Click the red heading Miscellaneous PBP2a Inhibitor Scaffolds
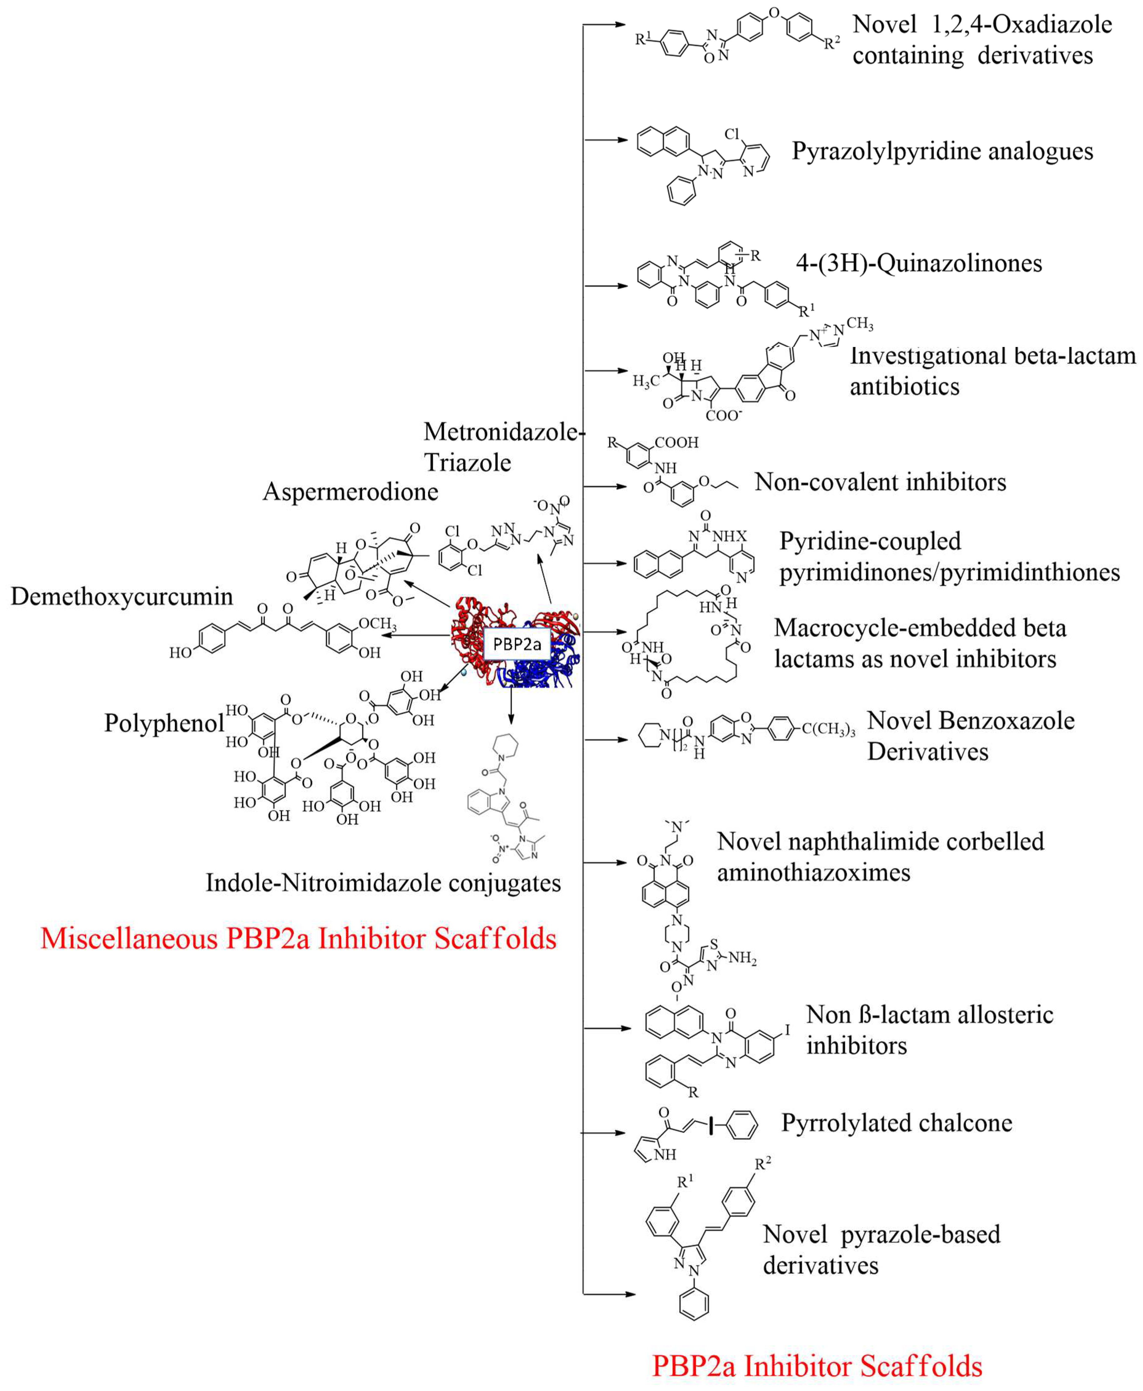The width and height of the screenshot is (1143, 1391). [298, 938]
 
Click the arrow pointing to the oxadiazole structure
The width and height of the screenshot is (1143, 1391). [604, 25]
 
